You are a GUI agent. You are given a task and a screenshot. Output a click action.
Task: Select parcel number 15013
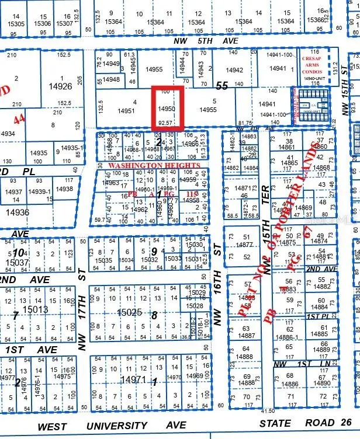click(35, 309)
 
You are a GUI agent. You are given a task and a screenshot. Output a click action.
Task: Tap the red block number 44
click(19, 119)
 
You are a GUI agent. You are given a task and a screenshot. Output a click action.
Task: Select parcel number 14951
click(126, 109)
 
